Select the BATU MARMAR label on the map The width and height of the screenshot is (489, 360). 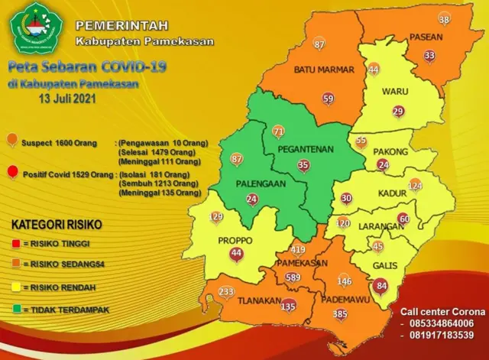tap(325, 70)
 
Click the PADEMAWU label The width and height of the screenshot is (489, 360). tap(341, 300)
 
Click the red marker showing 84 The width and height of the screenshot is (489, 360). tap(382, 287)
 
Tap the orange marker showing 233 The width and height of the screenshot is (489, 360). tap(226, 293)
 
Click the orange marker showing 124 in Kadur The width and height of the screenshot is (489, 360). tap(415, 186)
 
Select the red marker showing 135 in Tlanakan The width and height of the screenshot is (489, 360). tap(288, 307)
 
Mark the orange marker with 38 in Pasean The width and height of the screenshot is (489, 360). tap(445, 19)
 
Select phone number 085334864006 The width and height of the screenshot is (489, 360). tap(446, 323)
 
